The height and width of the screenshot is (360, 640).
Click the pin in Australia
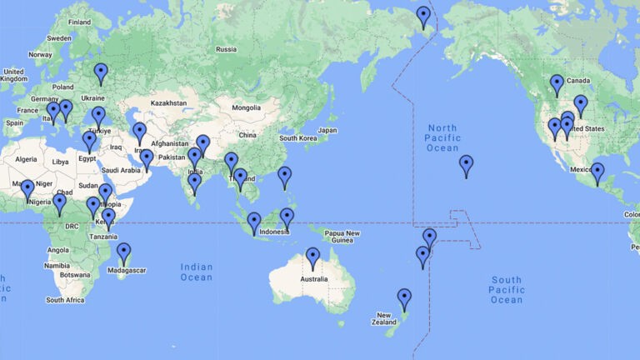[x=312, y=257]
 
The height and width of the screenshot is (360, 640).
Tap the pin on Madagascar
[x=123, y=252]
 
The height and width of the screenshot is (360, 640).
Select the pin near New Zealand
[x=404, y=298]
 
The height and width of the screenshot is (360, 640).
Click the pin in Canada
[x=557, y=84]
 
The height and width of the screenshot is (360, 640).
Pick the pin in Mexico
[x=597, y=172]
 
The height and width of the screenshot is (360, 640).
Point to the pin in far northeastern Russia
[x=423, y=16]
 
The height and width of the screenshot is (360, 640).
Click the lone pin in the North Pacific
[x=466, y=165]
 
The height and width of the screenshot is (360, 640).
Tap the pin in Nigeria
[x=59, y=203]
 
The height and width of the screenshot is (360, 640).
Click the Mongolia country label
[x=246, y=107]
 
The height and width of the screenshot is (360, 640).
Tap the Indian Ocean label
[x=196, y=272]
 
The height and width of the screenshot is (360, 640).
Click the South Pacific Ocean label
[x=507, y=290]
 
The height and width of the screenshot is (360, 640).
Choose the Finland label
[x=79, y=22]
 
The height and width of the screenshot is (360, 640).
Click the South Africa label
[x=65, y=299]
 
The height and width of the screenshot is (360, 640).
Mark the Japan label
[x=327, y=130]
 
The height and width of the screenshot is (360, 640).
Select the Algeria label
[x=27, y=158]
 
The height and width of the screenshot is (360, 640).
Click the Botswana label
[x=73, y=274]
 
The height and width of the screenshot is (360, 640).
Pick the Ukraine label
[x=92, y=98]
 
